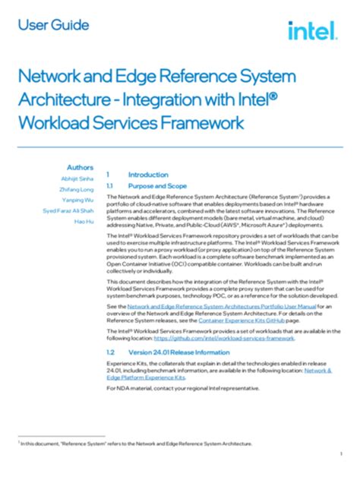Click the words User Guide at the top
pos(53,25)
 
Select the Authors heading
pos(80,167)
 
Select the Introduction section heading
pos(148,174)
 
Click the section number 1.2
pos(110,353)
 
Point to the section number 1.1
pos(110,185)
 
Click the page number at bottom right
pos(342,453)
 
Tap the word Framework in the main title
pos(193,122)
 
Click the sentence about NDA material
pos(182,388)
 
